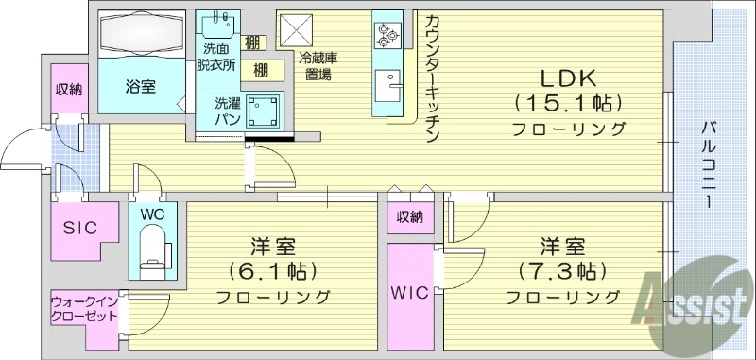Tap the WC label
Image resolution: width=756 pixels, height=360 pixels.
click(x=151, y=214)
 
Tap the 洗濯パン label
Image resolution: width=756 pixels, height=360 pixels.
click(x=228, y=111)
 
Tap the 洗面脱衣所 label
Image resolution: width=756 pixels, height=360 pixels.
click(x=215, y=58)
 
